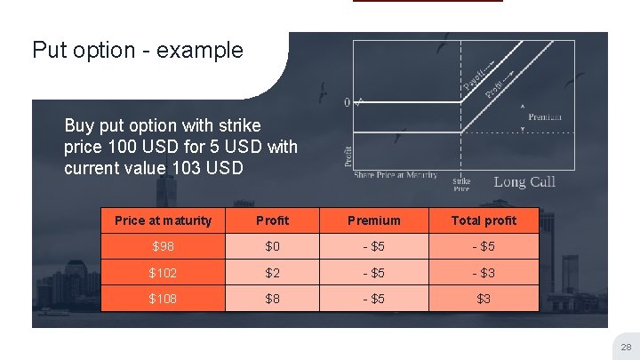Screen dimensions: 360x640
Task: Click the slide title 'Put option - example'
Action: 137,50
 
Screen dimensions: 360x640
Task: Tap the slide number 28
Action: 624,347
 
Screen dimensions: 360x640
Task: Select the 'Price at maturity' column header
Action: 164,220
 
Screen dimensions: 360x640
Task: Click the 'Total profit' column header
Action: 484,220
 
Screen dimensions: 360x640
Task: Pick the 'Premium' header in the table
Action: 373,220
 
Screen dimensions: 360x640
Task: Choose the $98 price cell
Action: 164,246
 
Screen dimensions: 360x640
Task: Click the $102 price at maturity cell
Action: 164,273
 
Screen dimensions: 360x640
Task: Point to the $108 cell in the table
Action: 164,299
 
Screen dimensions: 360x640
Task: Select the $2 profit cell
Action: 272,273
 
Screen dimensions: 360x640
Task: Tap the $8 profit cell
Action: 272,299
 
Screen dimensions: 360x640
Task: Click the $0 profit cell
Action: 272,246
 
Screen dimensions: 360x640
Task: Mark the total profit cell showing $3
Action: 484,299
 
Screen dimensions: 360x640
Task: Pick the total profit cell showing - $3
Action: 484,273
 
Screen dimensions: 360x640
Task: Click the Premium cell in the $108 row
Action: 373,299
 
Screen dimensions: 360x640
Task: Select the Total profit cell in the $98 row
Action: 484,246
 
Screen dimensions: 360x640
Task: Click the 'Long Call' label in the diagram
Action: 524,181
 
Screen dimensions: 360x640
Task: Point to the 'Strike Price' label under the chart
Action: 461,184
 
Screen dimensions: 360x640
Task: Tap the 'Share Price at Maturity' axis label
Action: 396,174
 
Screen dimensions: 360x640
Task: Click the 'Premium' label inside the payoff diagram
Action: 545,117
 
